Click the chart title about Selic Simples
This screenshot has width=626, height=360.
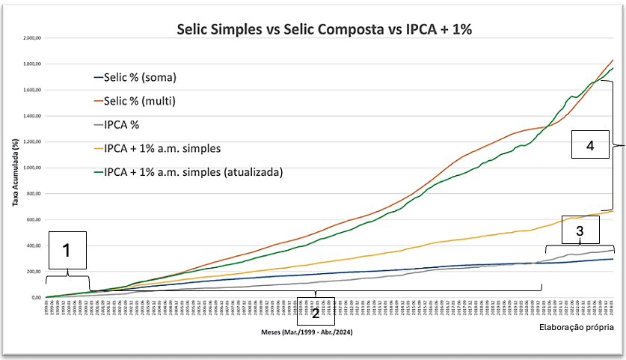pyautogui.click(x=325, y=29)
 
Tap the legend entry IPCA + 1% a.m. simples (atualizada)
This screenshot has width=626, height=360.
pyautogui.click(x=192, y=171)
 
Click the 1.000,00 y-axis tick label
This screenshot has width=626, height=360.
pyautogui.click(x=31, y=168)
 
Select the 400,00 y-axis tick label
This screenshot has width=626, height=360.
pyautogui.click(x=34, y=245)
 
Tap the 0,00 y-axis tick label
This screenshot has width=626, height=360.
pyautogui.click(x=36, y=297)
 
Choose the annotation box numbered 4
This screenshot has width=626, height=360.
pyautogui.click(x=589, y=145)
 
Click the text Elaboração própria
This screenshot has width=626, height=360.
pyautogui.click(x=576, y=327)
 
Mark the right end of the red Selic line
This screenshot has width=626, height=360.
pyautogui.click(x=613, y=59)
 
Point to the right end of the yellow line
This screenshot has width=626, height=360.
pyautogui.click(x=613, y=210)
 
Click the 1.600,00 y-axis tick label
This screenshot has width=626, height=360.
pyautogui.click(x=31, y=90)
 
